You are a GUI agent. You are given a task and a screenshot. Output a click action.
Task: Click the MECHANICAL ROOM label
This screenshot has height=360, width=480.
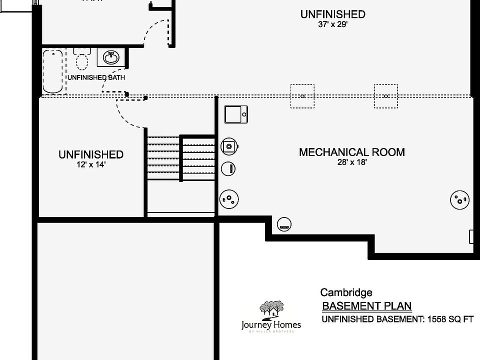(x=351, y=152)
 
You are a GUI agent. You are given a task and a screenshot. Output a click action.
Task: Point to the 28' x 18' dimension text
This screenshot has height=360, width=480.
(x=352, y=162)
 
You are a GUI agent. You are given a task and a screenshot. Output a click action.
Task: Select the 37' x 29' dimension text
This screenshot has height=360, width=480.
(x=332, y=24)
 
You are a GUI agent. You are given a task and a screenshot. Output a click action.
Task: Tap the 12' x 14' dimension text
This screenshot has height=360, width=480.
(x=90, y=164)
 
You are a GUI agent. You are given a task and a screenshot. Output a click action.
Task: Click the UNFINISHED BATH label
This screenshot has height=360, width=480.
(x=96, y=77)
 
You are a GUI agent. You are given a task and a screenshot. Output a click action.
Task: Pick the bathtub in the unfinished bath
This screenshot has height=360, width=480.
(x=52, y=71)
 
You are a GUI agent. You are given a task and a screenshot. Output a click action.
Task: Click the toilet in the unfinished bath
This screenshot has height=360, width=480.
(x=81, y=59)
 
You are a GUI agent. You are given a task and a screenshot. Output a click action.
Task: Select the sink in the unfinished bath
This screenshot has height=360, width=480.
(x=111, y=58)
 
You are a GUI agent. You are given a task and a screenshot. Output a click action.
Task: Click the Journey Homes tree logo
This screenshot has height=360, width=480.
(x=271, y=309)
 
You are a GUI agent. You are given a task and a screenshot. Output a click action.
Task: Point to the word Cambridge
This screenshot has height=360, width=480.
(x=346, y=293)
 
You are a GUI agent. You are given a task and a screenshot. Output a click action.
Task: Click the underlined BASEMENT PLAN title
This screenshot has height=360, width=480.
(x=366, y=306)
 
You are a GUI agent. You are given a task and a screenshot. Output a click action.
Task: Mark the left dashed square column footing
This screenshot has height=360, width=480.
(x=302, y=96)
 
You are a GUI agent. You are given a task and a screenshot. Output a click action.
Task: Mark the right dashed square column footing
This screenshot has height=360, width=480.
(x=386, y=96)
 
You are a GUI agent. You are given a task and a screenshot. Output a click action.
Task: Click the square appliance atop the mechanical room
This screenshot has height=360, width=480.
(x=235, y=114)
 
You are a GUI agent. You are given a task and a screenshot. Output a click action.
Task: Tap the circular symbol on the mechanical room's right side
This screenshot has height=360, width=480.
(x=459, y=200)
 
